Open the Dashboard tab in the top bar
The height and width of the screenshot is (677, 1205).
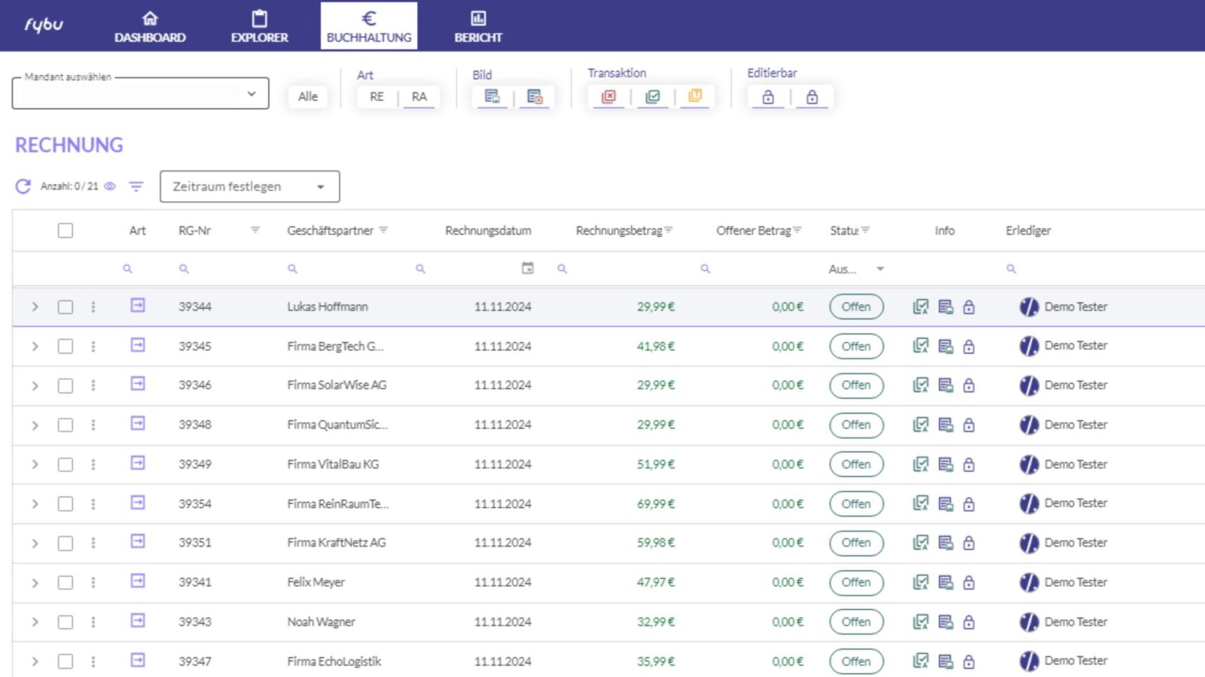tap(150, 26)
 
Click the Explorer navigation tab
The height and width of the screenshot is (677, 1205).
tap(259, 26)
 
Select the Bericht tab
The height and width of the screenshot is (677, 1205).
tap(478, 26)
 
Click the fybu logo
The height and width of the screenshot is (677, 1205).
tap(44, 25)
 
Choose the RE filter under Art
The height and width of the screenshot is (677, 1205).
tap(377, 97)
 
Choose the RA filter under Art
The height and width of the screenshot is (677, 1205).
tap(419, 97)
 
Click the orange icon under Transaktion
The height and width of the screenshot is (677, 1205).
tap(695, 96)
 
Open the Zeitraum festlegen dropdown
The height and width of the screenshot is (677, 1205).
tap(249, 187)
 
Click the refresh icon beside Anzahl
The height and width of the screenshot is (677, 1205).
tap(23, 187)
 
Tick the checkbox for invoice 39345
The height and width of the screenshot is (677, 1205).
tap(65, 346)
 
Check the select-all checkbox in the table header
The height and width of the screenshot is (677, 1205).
tap(65, 230)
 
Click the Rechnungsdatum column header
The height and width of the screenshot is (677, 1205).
tap(488, 230)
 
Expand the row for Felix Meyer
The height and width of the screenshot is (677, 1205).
tap(35, 582)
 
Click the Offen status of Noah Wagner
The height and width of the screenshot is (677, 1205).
tap(856, 621)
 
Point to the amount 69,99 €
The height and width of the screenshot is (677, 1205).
tap(655, 504)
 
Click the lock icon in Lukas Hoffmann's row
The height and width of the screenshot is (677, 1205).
tap(969, 307)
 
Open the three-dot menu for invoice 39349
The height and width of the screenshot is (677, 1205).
tap(93, 464)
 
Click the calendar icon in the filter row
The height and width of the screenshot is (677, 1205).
tap(528, 268)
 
